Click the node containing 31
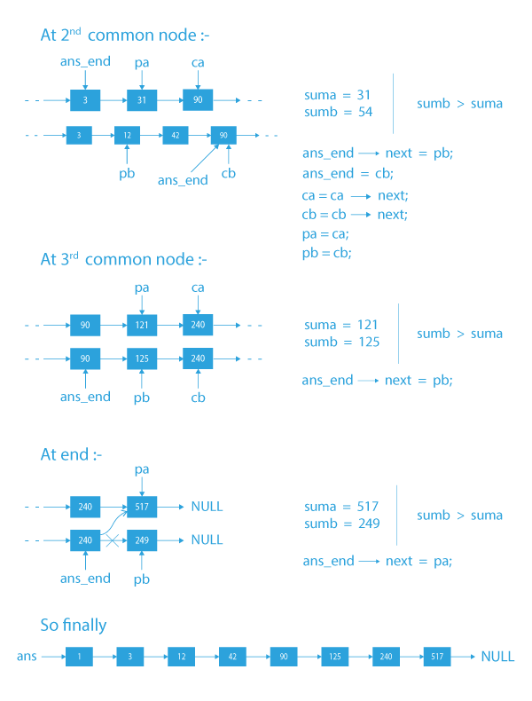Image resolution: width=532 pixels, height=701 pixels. (141, 100)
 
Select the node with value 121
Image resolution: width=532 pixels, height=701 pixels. (141, 326)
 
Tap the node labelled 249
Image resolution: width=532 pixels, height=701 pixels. (141, 539)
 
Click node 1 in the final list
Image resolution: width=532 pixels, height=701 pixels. (79, 657)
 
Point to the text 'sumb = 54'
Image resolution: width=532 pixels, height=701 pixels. (337, 112)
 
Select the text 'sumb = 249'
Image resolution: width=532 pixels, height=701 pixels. (341, 524)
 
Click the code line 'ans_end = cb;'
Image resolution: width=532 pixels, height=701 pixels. (347, 173)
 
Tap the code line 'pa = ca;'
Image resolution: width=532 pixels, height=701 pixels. (326, 234)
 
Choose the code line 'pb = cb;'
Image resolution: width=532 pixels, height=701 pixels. (326, 253)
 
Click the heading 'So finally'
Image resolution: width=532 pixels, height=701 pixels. (74, 626)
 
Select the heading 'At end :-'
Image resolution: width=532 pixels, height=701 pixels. (71, 454)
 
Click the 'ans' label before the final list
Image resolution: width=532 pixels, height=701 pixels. (27, 657)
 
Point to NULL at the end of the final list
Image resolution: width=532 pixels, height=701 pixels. (497, 657)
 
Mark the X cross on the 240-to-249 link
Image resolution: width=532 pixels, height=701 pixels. (113, 539)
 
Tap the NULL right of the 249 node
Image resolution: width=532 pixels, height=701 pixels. (207, 539)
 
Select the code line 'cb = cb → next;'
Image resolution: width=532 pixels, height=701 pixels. (354, 215)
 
